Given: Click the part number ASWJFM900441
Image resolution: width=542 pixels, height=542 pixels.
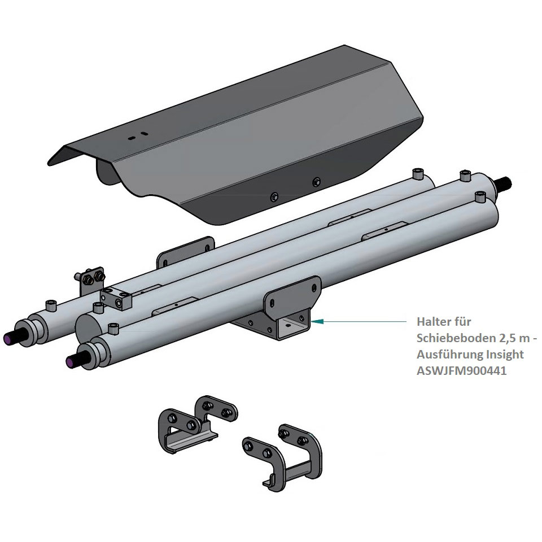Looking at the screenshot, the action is [x=461, y=370].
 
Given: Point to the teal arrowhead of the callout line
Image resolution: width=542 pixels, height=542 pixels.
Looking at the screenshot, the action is [x=317, y=321].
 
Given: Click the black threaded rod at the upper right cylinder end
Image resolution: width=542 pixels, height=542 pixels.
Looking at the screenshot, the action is [x=504, y=182].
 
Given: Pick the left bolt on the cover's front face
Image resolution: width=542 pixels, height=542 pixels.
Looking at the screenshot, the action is [x=274, y=196].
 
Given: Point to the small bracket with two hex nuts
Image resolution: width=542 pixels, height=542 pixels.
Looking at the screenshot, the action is [x=90, y=280].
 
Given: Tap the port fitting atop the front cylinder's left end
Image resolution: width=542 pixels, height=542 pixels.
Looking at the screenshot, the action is [x=113, y=329].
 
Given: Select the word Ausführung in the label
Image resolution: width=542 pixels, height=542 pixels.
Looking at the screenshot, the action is [x=449, y=355].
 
